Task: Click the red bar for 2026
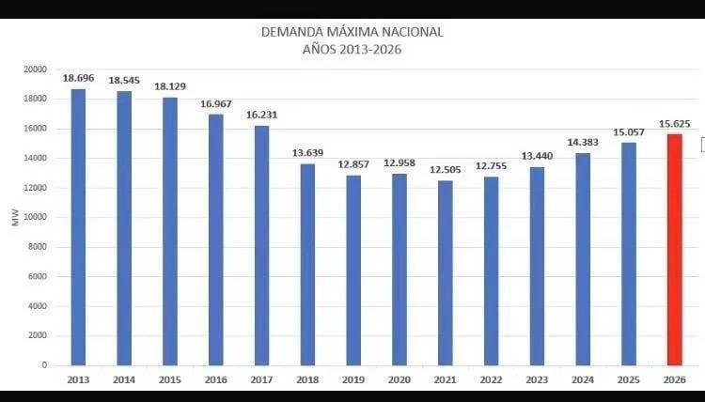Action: (674, 250)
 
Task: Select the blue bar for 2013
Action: (78, 227)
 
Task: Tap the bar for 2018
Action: (307, 265)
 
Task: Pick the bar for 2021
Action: (446, 273)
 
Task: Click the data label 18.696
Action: (79, 78)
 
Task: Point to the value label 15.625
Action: (674, 124)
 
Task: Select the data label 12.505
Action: (446, 170)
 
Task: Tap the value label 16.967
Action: (216, 104)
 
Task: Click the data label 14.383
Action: (583, 143)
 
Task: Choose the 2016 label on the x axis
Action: (216, 380)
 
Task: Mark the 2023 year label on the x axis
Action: (537, 380)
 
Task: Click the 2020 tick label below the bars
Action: (399, 380)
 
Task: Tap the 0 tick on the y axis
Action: (44, 365)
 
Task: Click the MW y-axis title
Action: (16, 217)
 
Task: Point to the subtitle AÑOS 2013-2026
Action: (352, 50)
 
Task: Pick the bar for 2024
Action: (583, 259)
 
